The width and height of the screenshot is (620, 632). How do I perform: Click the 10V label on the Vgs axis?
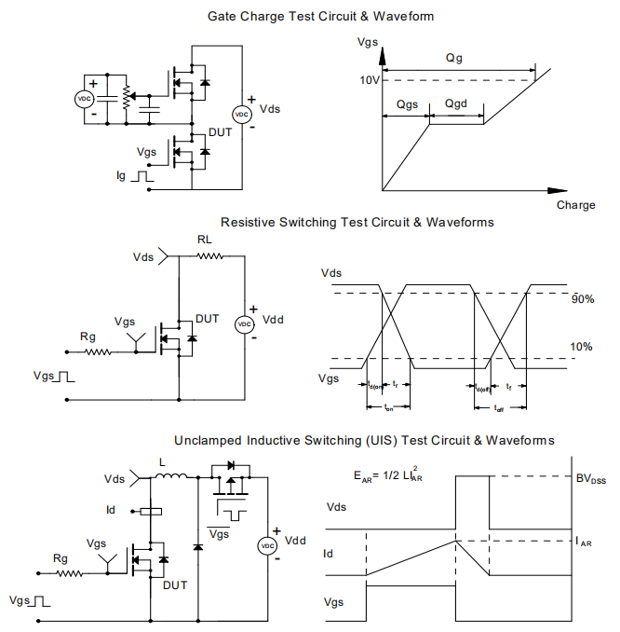[x=369, y=80]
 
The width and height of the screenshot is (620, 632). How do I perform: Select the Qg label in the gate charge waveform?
[x=454, y=58]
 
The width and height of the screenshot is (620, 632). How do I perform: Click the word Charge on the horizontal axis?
[x=575, y=205]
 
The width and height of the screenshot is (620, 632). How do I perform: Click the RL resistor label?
[x=205, y=239]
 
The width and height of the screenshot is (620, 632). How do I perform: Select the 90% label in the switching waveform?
[x=583, y=299]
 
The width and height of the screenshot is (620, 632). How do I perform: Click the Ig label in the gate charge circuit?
[x=121, y=174]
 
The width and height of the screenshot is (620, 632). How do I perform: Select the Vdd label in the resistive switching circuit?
[x=274, y=319]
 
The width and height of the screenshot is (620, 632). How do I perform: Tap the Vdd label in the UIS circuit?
[x=295, y=541]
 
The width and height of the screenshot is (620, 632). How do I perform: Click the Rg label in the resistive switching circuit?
[x=88, y=337]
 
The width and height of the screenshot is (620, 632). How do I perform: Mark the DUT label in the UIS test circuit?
[x=175, y=584]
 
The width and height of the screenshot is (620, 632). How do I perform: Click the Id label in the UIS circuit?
[x=112, y=511]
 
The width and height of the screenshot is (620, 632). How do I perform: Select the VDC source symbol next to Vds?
[x=240, y=114]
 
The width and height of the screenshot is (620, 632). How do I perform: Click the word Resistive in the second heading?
[x=247, y=222]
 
